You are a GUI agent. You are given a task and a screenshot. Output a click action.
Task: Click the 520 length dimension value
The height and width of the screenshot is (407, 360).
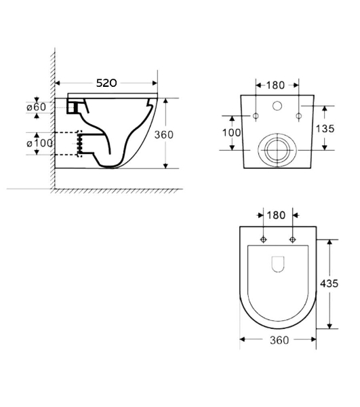[x=106, y=83]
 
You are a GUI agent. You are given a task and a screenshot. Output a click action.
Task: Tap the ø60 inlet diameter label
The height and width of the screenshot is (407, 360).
[x=37, y=107]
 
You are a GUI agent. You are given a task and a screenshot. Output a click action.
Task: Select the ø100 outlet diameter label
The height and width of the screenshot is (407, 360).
[x=40, y=143]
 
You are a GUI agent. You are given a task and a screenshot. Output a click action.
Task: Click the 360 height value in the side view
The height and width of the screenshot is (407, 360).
[x=163, y=135]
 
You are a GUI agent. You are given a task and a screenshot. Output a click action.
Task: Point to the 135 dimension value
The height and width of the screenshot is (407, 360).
[x=325, y=128]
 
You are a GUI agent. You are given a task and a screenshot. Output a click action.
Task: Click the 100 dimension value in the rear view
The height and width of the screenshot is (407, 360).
[x=232, y=133]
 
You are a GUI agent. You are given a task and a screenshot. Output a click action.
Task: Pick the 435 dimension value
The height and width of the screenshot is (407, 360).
[x=329, y=284]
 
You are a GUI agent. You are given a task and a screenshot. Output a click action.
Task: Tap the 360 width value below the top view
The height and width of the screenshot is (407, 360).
[x=279, y=340]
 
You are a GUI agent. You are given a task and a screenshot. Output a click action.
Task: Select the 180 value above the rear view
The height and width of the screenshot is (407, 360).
[x=275, y=85]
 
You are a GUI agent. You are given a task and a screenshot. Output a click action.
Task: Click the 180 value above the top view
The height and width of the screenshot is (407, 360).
[x=276, y=215]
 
